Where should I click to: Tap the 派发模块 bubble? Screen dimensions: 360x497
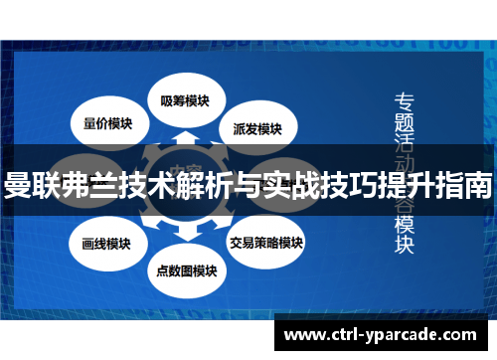coord(257,128)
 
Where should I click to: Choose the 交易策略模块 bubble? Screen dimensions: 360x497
coord(265,242)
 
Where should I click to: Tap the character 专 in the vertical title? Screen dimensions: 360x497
coord(405,100)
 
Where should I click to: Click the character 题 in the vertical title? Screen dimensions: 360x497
coord(405,122)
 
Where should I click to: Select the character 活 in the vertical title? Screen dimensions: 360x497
coord(405,143)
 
